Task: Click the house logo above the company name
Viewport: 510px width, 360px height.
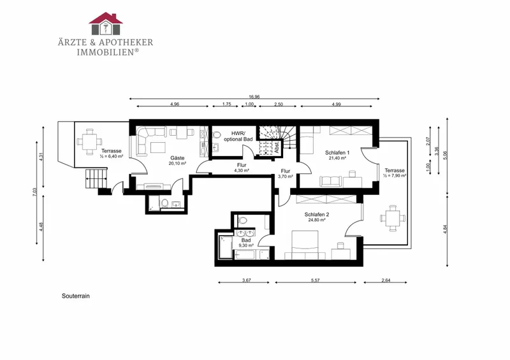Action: (106, 24)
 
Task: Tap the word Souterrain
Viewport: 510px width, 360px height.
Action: (75, 296)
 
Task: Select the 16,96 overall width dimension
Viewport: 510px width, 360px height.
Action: (254, 97)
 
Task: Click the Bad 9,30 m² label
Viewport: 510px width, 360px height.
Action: (246, 243)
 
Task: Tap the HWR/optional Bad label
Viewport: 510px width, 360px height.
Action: (238, 136)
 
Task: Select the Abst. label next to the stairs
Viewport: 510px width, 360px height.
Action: (277, 147)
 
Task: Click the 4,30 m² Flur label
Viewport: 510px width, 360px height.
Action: (242, 168)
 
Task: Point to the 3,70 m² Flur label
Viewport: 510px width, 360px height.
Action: (285, 173)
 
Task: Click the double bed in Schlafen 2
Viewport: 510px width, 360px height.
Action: (305, 245)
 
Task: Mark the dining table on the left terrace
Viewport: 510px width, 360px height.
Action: (89, 142)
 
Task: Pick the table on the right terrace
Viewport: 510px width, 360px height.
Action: (393, 218)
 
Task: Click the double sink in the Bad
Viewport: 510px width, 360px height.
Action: (245, 233)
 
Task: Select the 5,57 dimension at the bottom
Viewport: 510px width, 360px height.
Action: (315, 280)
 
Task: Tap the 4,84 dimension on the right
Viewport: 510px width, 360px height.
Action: (445, 229)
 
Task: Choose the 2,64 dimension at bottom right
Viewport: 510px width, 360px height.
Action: (386, 280)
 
